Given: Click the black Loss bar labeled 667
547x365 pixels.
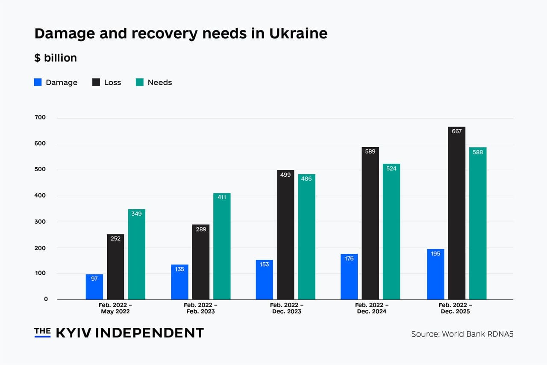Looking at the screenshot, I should point(456,214).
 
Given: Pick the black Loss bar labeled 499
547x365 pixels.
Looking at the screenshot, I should point(285,235).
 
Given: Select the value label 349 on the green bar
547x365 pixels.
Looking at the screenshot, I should point(136,214).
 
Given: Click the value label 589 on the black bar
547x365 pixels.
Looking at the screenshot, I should point(370,151).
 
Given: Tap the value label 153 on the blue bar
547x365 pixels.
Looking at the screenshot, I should point(265,264).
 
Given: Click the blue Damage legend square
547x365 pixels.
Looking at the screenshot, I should point(38,82).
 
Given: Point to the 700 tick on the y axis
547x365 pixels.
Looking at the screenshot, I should point(40,118).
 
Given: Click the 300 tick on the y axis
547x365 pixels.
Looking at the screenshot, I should point(40,222).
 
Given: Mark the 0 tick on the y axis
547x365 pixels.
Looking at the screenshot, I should point(46,299).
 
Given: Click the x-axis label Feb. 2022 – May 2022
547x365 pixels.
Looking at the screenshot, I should point(115,308).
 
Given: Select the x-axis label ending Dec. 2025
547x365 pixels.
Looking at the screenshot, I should point(456,308).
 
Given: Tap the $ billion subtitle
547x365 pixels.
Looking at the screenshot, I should point(56,58).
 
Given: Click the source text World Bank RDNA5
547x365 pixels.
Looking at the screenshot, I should point(477,334).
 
